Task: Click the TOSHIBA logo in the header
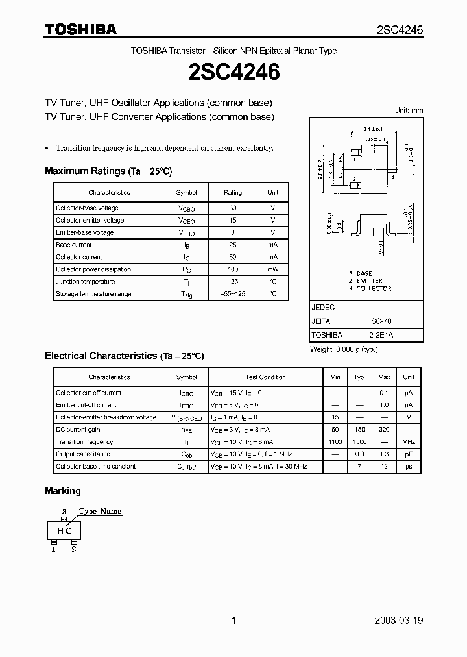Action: coord(80,29)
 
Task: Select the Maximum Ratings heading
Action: coord(108,171)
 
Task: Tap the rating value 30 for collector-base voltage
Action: coord(233,208)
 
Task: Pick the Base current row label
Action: coord(74,245)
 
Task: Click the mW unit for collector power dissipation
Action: coord(273,269)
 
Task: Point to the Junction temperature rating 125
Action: coord(233,282)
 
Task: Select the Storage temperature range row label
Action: coord(93,294)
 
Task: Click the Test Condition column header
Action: coord(265,377)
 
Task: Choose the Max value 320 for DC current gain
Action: coord(384,430)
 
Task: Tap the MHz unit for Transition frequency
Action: coord(409,442)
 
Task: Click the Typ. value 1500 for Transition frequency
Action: coord(359,442)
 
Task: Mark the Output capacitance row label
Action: coord(83,454)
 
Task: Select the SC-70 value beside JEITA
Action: coord(381,321)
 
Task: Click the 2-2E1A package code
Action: coord(381,335)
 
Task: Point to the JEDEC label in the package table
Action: coord(323,307)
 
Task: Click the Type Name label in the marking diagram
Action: coord(100,512)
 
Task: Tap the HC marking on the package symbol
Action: coord(64,530)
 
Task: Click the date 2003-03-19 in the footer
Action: coord(399,621)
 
